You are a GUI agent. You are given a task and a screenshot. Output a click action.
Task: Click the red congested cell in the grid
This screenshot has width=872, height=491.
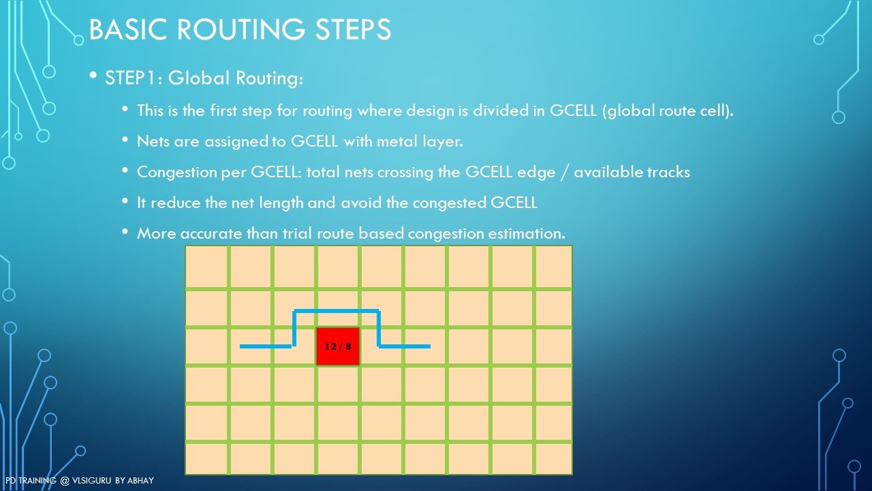(337, 346)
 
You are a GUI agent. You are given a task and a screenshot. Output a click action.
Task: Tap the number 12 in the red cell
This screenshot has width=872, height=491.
(330, 346)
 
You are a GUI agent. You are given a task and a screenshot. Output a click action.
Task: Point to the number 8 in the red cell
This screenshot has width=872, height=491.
(348, 346)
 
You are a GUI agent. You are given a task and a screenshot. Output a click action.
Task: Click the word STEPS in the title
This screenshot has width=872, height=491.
(353, 29)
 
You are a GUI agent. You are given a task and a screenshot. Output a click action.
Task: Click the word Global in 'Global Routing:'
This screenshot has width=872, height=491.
(198, 78)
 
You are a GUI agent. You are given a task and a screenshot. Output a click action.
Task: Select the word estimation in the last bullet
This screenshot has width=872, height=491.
(527, 233)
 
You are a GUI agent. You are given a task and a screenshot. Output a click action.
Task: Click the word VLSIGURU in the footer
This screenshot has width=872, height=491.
(91, 481)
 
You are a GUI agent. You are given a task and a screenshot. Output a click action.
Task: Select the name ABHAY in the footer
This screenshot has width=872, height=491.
(140, 481)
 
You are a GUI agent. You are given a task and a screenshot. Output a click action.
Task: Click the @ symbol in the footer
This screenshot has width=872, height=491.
(65, 481)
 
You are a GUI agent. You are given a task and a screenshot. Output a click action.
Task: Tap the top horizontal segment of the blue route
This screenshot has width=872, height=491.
(337, 311)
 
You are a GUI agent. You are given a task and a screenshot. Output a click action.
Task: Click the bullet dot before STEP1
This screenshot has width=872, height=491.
(93, 75)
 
